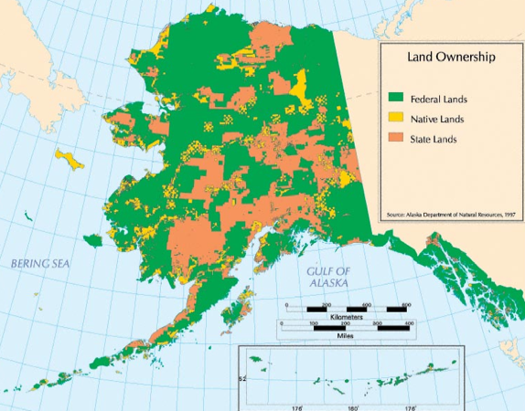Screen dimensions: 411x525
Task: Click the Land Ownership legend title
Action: coord(451,57)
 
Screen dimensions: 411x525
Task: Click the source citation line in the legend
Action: coord(451,214)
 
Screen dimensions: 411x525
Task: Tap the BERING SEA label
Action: coord(39,263)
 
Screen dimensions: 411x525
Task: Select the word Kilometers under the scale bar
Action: coord(346,317)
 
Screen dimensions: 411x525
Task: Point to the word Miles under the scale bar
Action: coord(346,335)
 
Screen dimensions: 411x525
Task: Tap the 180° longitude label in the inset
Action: coord(354,408)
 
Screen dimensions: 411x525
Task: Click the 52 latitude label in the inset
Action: coord(242,376)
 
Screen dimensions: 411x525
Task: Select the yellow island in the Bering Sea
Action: coord(70,158)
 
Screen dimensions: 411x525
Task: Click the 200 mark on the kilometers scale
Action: coord(327,304)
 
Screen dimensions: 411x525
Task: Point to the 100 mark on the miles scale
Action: coord(314,323)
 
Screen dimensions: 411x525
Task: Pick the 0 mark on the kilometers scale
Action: coord(286,304)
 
